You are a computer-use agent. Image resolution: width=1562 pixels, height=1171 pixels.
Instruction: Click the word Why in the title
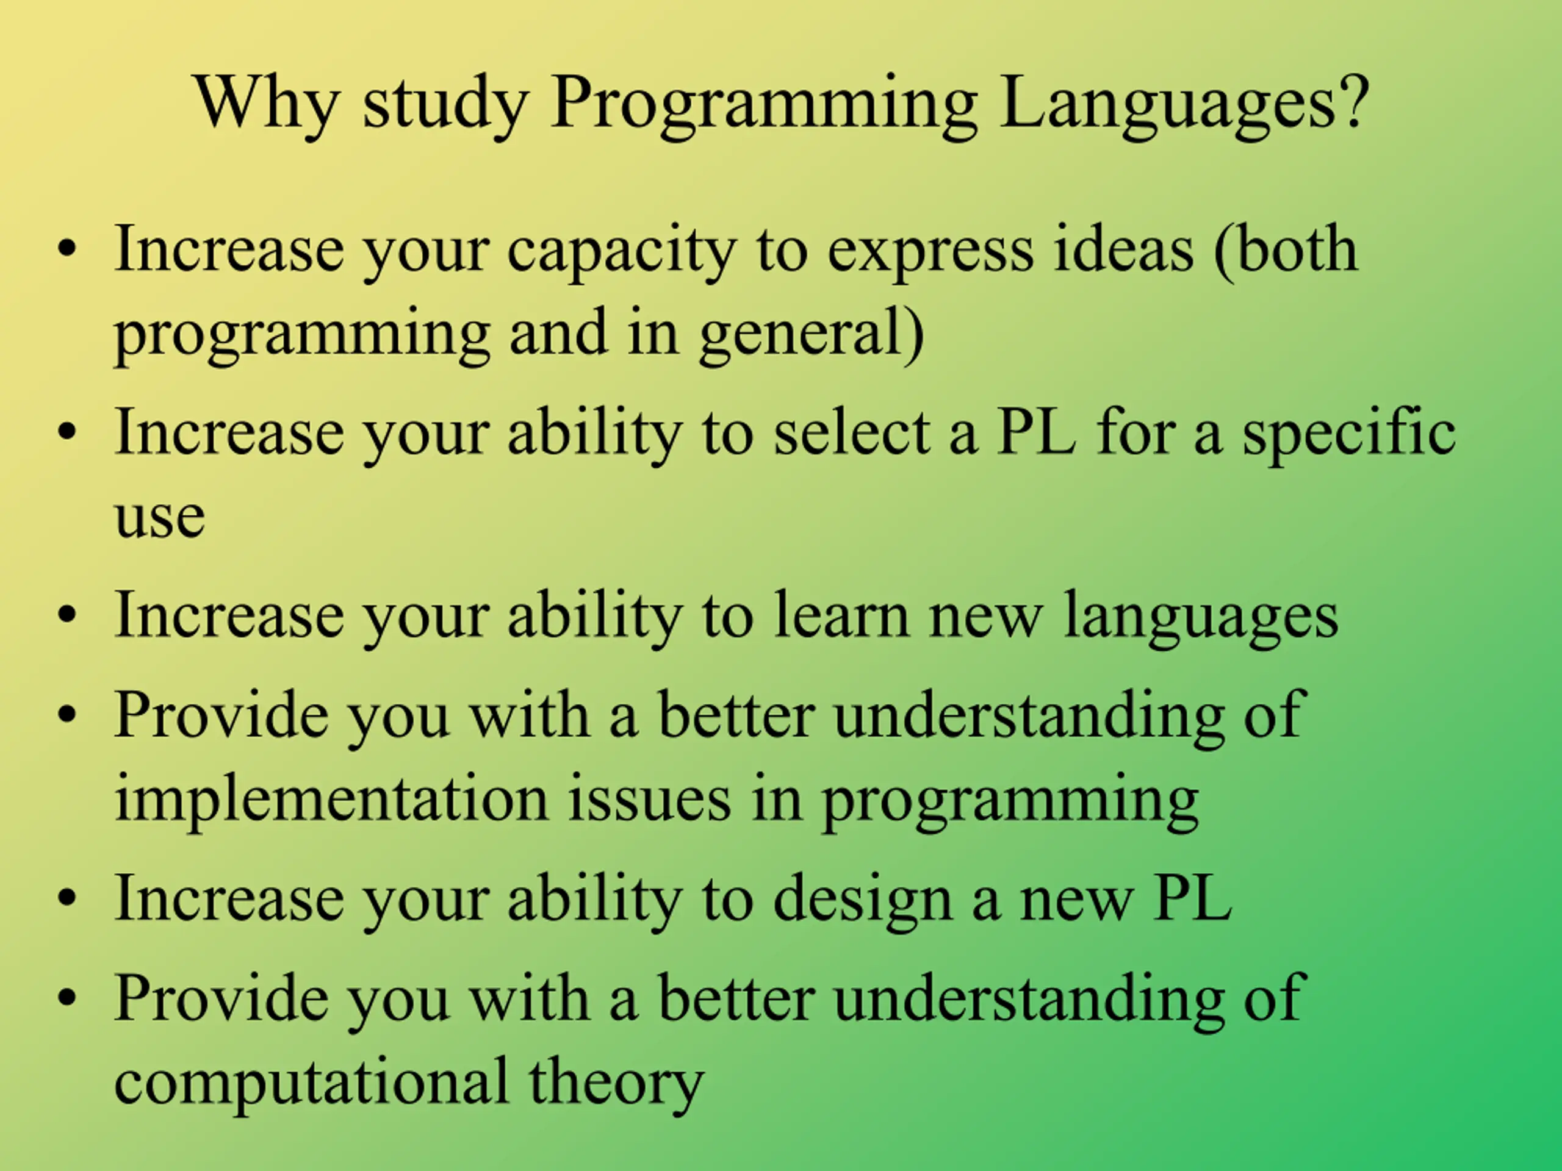pos(266,107)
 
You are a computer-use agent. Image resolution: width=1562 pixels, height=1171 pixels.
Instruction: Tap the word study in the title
pos(445,107)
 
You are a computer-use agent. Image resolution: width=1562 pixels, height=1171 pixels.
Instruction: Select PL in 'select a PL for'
pos(1036,432)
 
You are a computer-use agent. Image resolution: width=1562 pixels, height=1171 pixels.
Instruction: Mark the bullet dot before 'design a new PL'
pos(67,899)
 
